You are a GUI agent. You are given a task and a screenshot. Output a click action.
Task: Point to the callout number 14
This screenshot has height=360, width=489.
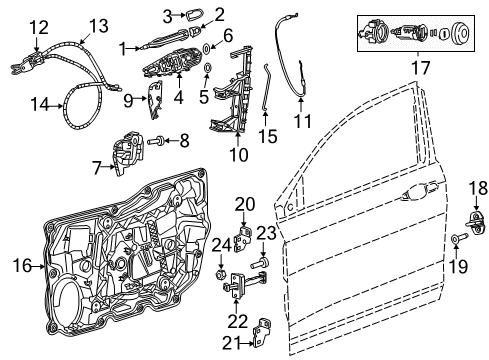coord(38,101)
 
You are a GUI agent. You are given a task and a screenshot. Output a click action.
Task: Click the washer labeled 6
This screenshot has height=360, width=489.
coord(206,47)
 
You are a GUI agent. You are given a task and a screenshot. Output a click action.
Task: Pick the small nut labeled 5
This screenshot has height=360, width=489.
coord(206,70)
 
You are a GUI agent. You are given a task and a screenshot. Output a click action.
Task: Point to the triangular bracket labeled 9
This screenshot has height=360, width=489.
coord(156,97)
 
